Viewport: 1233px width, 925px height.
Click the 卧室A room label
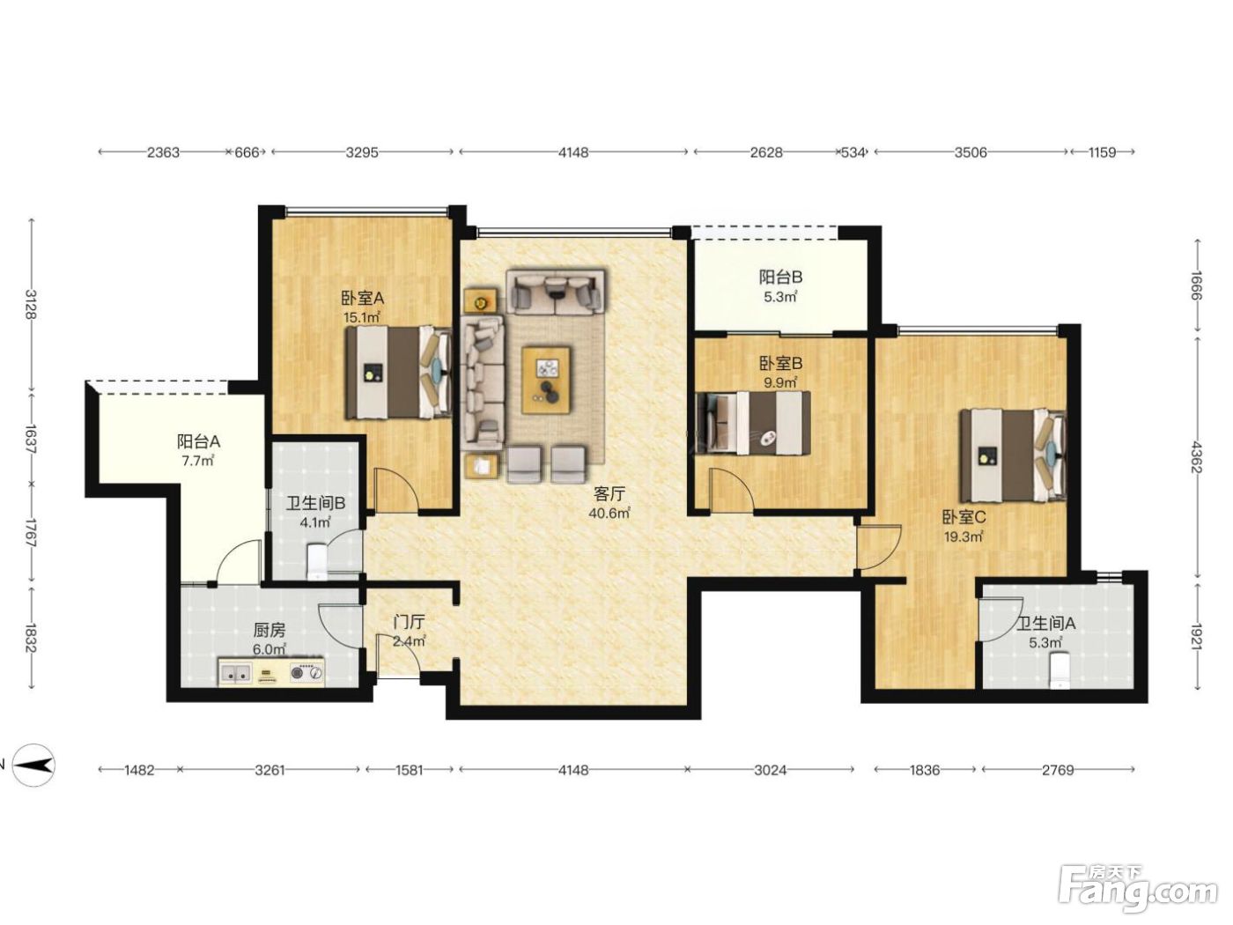[362, 297]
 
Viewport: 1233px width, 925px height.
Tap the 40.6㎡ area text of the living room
[609, 513]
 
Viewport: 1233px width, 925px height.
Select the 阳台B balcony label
[780, 277]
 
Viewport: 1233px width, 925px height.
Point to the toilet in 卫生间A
[1060, 670]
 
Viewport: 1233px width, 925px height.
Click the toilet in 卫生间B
[317, 562]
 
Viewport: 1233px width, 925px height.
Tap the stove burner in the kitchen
[306, 671]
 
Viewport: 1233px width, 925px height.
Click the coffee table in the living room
[545, 381]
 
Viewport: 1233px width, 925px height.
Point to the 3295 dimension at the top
[361, 152]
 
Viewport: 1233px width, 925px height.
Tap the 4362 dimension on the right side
[1197, 458]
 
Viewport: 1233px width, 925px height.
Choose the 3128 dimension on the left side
[32, 305]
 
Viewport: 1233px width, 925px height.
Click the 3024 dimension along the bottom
[770, 770]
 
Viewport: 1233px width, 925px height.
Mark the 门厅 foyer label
[409, 622]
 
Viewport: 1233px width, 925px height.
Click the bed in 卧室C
[1014, 455]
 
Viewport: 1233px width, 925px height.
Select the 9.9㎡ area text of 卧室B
[780, 383]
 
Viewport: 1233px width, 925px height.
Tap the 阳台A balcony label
[199, 442]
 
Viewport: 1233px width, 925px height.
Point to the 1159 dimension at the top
[1102, 152]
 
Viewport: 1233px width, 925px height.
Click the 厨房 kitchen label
[269, 630]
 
